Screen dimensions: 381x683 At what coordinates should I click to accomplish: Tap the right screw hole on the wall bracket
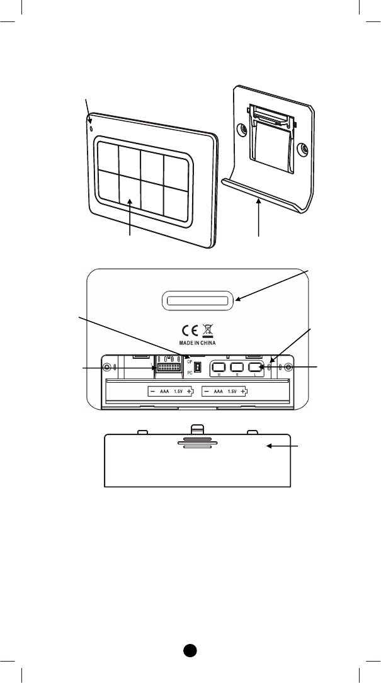[x=304, y=150]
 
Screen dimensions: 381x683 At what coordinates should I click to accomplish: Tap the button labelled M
[x=219, y=367]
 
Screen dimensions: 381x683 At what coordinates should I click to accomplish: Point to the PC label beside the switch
[x=189, y=374]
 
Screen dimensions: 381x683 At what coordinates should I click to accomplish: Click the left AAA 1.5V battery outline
[x=171, y=391]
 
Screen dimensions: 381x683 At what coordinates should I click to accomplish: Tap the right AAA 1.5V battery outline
[x=225, y=391]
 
